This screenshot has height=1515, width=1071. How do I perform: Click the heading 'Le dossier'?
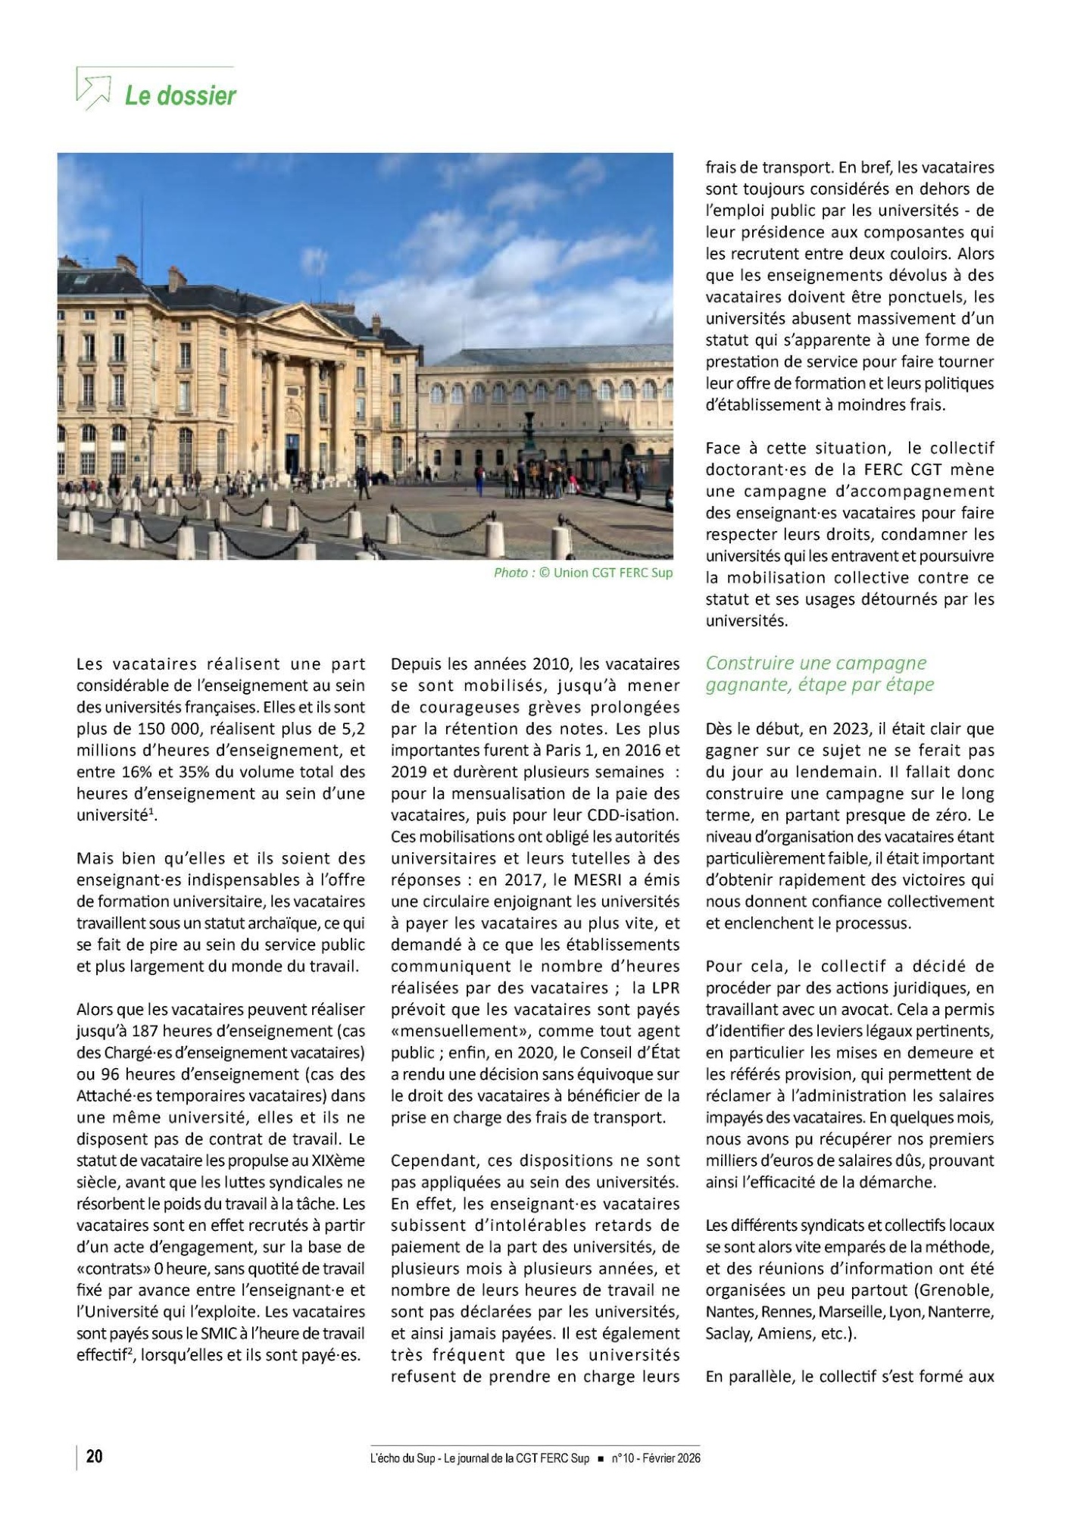180,96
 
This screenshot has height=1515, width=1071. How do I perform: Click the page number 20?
95,1457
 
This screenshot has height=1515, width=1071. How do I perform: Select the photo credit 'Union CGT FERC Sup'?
613,573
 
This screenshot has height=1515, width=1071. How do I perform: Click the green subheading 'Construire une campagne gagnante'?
820,673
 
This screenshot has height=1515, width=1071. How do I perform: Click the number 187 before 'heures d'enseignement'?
144,1031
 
